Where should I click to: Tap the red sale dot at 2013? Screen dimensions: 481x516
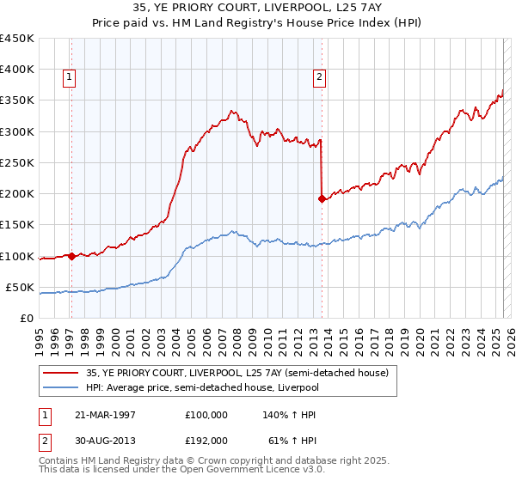pos(322,198)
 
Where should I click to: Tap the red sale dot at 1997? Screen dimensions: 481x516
pos(71,256)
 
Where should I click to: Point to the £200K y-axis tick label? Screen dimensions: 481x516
pos(16,194)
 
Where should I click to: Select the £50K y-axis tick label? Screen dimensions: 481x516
pos(20,287)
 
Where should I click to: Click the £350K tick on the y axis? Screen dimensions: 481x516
pos(16,100)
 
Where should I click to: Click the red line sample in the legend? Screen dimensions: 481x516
pos(61,373)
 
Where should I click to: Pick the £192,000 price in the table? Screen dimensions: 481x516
pos(206,440)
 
